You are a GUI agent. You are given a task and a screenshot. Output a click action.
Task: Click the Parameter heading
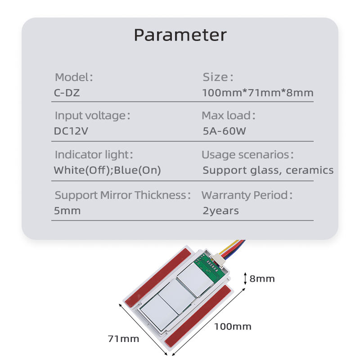pyautogui.click(x=180, y=35)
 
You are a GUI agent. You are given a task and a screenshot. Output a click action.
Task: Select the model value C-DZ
pyautogui.click(x=67, y=94)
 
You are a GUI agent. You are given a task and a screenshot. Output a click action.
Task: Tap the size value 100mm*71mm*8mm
pyautogui.click(x=258, y=93)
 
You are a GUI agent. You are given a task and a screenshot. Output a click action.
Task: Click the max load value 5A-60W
pyautogui.click(x=225, y=132)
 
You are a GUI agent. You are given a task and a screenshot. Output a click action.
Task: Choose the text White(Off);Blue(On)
pyautogui.click(x=107, y=171)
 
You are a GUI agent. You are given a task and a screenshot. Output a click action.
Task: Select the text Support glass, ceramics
pyautogui.click(x=268, y=171)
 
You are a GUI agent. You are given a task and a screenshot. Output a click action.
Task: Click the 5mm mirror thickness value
pyautogui.click(x=67, y=211)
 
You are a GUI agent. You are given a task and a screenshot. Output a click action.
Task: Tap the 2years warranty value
pyautogui.click(x=220, y=211)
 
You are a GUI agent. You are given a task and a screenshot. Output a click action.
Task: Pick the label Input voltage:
pyautogui.click(x=92, y=116)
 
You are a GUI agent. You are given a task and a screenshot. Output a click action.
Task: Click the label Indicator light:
pyautogui.click(x=94, y=155)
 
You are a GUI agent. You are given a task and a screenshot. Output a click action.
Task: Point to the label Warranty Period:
pyautogui.click(x=247, y=195)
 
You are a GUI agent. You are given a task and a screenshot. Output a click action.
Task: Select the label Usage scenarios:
pyautogui.click(x=247, y=155)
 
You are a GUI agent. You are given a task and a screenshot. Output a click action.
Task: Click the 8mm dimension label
pyautogui.click(x=262, y=279)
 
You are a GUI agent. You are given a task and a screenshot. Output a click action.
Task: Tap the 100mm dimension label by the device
pyautogui.click(x=232, y=326)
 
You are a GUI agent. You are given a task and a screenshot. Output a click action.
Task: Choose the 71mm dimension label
pyautogui.click(x=123, y=338)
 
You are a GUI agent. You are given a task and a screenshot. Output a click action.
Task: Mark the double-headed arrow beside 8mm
pyautogui.click(x=245, y=278)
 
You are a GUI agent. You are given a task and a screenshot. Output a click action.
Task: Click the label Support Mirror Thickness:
pyautogui.click(x=122, y=195)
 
